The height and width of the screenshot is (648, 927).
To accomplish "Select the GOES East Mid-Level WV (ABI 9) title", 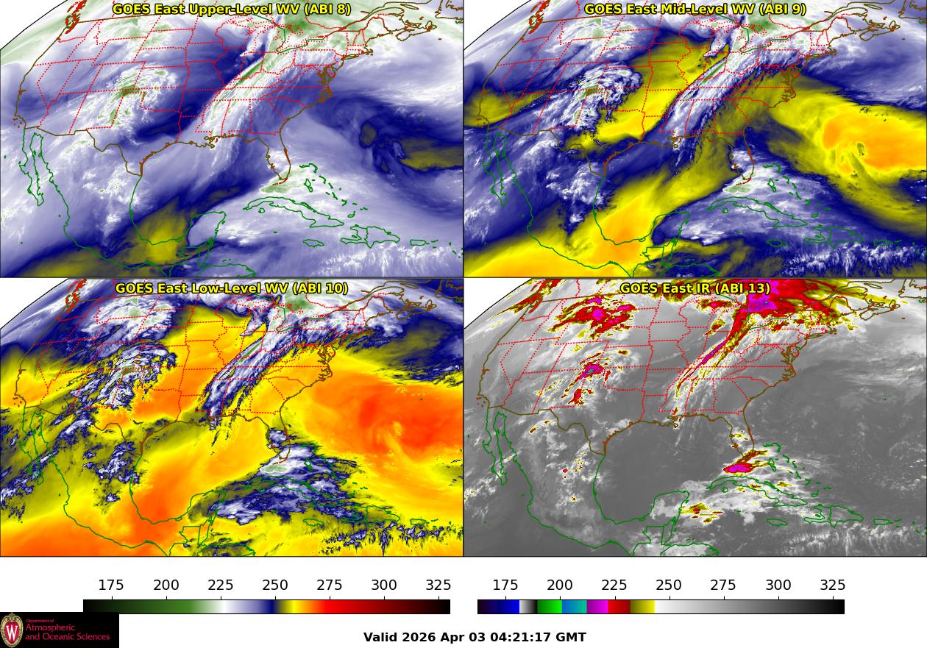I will (695, 10).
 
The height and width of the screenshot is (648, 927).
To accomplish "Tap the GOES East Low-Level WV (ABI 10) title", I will (231, 288).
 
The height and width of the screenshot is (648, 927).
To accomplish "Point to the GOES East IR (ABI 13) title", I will (695, 288).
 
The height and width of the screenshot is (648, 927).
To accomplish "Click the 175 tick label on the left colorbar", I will (111, 585).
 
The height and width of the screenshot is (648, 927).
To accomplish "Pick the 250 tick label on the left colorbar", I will (275, 585).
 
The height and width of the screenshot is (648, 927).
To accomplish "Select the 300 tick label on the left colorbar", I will (384, 585).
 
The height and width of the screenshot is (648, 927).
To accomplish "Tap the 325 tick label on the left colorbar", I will (438, 585).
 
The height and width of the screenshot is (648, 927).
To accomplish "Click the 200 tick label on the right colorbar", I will (560, 585).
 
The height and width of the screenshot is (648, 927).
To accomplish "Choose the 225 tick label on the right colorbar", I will (614, 585).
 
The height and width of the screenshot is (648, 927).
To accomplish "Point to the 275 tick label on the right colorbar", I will (723, 585).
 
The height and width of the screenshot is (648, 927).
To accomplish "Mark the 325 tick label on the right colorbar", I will (833, 585).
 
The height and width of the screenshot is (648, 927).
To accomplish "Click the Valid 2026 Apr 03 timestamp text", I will (475, 638).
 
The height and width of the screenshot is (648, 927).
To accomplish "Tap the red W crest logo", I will (12, 630).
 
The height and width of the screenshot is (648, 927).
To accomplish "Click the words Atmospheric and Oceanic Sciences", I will (67, 632).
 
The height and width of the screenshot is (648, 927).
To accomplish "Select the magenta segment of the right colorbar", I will (597, 607).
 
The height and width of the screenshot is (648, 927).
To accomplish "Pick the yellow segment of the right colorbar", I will (643, 607).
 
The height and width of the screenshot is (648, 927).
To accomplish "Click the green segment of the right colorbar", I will (548, 607).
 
